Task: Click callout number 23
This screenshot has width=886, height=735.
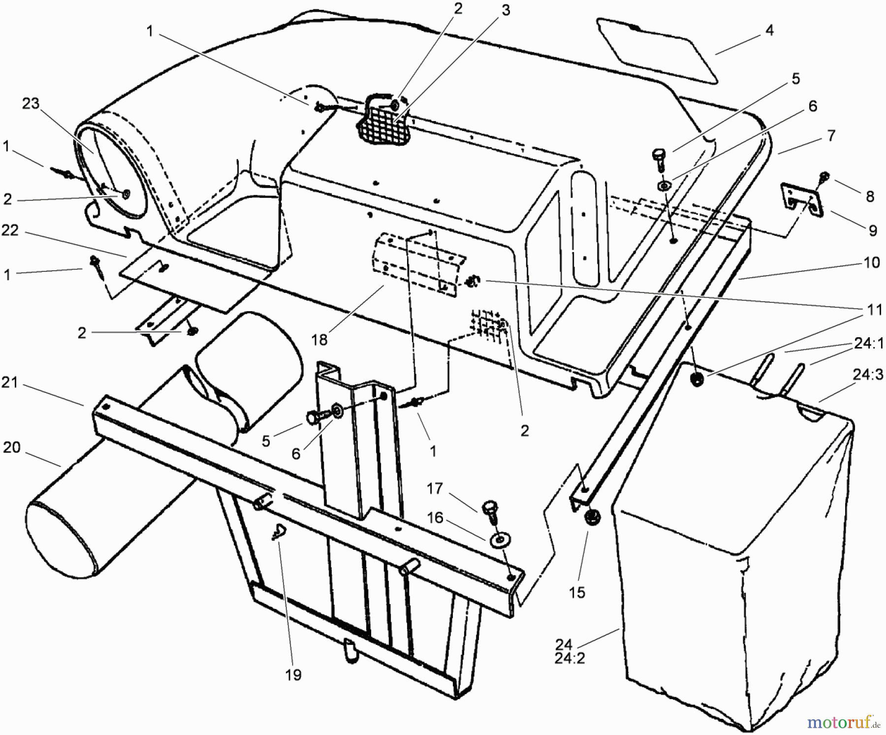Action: (31, 104)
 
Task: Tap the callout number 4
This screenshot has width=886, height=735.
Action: (769, 31)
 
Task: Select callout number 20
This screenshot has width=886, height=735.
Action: (12, 447)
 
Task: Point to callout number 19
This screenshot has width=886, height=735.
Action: (293, 674)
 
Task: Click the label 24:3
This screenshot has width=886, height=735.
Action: (868, 376)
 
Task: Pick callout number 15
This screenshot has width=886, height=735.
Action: (577, 592)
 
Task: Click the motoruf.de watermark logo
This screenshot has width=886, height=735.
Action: (843, 722)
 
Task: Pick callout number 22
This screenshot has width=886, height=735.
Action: (10, 230)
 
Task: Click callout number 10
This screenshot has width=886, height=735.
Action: (871, 262)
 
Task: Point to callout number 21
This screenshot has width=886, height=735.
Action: (10, 382)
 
